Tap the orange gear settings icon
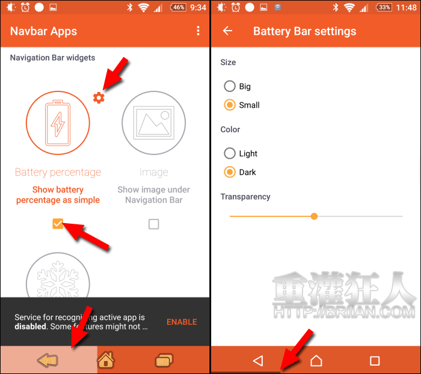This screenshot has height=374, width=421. click(99, 98)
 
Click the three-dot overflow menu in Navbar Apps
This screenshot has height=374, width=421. click(198, 31)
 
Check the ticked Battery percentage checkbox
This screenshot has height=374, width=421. click(58, 224)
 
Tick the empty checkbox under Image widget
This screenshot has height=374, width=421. click(153, 224)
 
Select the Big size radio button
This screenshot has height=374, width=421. click(230, 86)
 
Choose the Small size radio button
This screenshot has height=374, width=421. click(230, 105)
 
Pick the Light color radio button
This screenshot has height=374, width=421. click(230, 153)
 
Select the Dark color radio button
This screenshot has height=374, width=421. click(230, 172)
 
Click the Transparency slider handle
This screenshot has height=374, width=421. click(314, 216)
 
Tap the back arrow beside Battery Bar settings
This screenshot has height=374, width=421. click(227, 31)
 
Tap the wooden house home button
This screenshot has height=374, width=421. click(106, 360)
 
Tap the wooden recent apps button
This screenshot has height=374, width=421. click(164, 360)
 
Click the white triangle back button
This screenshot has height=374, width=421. click(258, 361)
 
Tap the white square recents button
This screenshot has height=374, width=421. click(375, 361)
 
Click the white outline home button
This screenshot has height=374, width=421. click(316, 361)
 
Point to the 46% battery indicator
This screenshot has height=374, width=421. click(178, 7)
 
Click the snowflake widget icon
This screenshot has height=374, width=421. click(58, 279)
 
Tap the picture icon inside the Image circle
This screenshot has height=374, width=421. click(153, 123)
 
